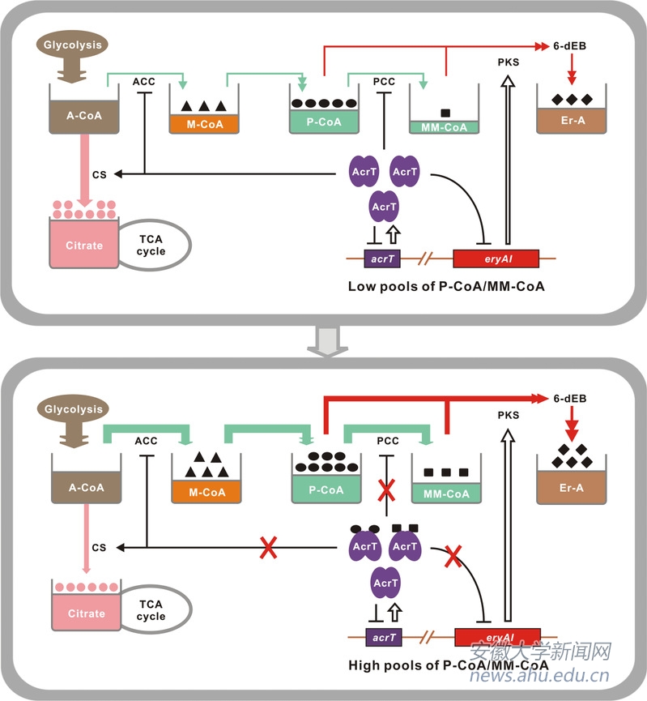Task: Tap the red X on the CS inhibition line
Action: [267, 548]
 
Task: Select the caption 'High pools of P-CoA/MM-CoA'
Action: [445, 665]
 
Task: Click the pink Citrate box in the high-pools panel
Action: [86, 613]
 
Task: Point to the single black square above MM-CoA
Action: [445, 112]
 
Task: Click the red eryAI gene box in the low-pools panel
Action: [495, 259]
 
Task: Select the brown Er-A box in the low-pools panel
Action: [571, 121]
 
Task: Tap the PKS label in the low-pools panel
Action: [509, 61]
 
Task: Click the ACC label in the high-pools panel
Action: [146, 442]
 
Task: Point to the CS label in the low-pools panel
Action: [99, 173]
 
